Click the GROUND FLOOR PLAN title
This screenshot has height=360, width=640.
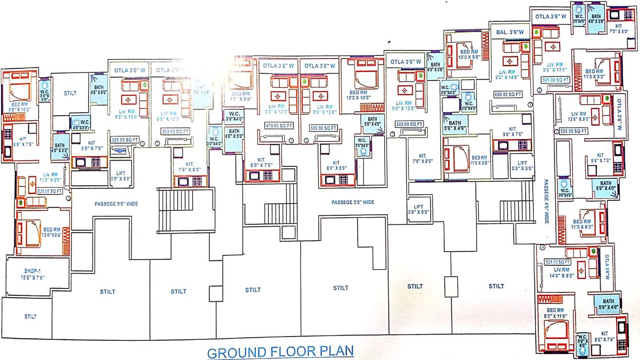pyautogui.click(x=281, y=352)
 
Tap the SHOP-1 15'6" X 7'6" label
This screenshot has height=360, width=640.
pyautogui.click(x=30, y=274)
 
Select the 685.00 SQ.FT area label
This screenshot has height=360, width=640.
pyautogui.click(x=508, y=95)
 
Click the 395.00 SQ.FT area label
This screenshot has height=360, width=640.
pyautogui.click(x=410, y=124)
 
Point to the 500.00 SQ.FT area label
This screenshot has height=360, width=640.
pyautogui.click(x=556, y=80)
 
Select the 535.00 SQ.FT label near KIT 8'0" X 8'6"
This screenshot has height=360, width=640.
pyautogui.click(x=325, y=128)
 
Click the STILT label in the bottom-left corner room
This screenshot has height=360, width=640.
pyautogui.click(x=30, y=316)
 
